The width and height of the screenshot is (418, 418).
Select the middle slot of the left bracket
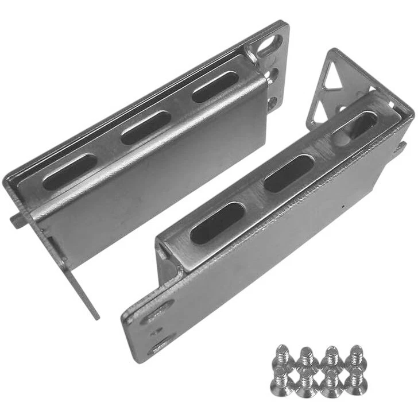(146, 127)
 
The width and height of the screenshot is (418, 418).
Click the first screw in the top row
(282, 355)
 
